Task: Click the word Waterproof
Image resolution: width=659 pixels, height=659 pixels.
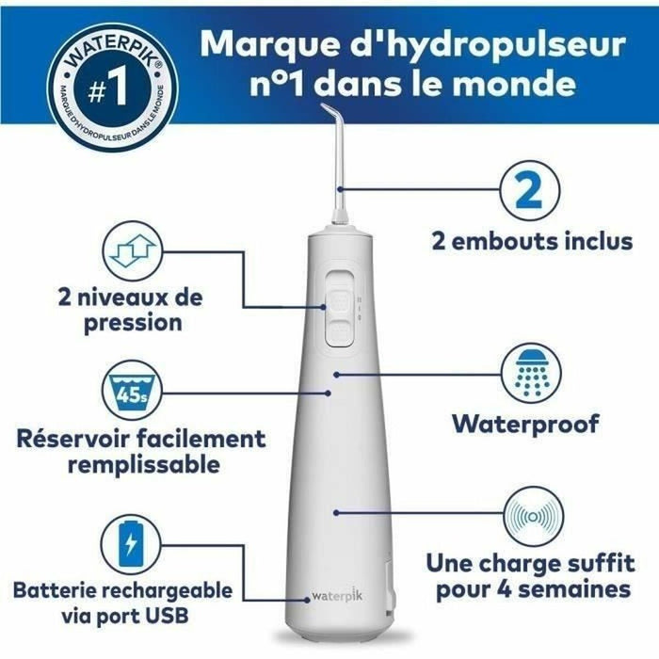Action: [524, 424]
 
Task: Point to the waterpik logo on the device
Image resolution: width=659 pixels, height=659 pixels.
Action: [336, 596]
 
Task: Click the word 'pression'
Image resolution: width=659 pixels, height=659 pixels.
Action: [138, 323]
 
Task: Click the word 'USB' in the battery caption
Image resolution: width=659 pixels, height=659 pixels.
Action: [166, 617]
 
